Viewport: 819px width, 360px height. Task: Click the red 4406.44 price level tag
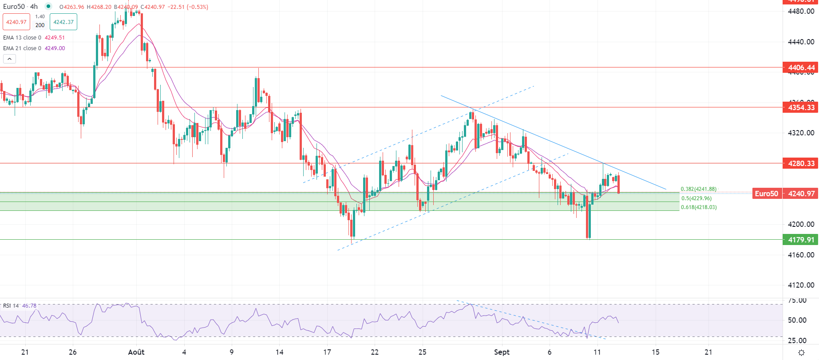801,67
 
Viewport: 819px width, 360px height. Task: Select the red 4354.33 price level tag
801,107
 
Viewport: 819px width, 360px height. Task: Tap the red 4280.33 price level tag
801,163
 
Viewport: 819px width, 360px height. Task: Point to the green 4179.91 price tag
801,240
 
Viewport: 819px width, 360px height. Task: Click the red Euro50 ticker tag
766,194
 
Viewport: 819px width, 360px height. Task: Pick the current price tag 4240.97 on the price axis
801,194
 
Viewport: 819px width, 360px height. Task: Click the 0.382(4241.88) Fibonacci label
698,189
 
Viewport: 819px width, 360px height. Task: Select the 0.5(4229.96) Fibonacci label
696,198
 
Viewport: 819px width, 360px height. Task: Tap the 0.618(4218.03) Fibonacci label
699,207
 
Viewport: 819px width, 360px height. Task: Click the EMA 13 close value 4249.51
55,38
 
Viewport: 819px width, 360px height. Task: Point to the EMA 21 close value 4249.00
55,48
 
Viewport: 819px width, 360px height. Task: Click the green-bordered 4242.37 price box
63,22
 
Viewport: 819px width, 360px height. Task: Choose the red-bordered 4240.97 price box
16,22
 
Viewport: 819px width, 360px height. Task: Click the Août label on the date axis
136,352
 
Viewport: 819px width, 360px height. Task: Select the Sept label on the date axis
502,352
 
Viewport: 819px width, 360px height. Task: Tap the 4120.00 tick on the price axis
801,285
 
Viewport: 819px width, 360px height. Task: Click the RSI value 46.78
29,306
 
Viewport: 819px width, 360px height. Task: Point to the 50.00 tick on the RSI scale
797,320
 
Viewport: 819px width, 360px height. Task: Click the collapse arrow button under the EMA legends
9,59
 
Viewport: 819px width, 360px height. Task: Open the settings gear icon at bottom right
801,352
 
